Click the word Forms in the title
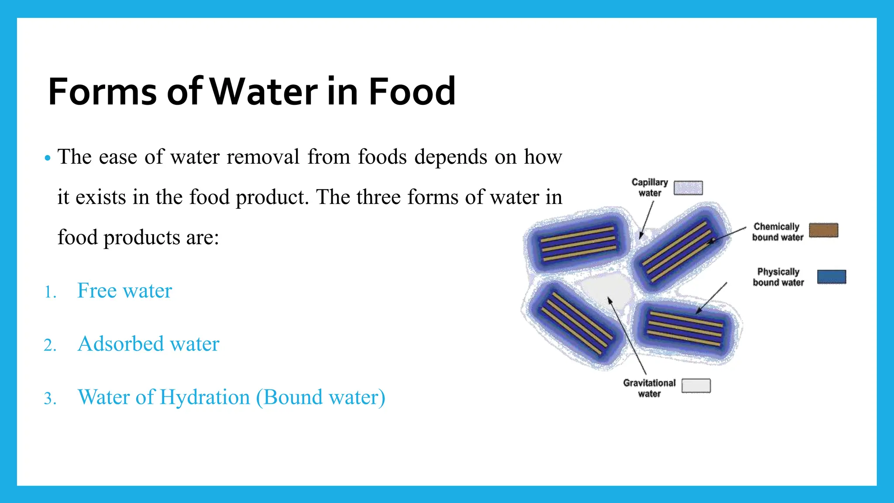coord(102,91)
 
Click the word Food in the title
coord(412,91)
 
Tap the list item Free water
coord(124,291)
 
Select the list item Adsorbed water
coord(148,344)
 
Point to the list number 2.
coord(50,345)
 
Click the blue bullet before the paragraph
coord(48,158)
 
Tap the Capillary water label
coord(650,187)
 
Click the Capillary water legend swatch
coord(688,188)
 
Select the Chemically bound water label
coord(777,232)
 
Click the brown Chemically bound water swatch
coord(823,230)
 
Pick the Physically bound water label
coord(778,277)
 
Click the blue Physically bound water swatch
coord(831,277)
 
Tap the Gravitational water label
coord(649,388)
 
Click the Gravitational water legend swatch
coord(696,386)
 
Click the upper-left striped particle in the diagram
coord(578,244)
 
